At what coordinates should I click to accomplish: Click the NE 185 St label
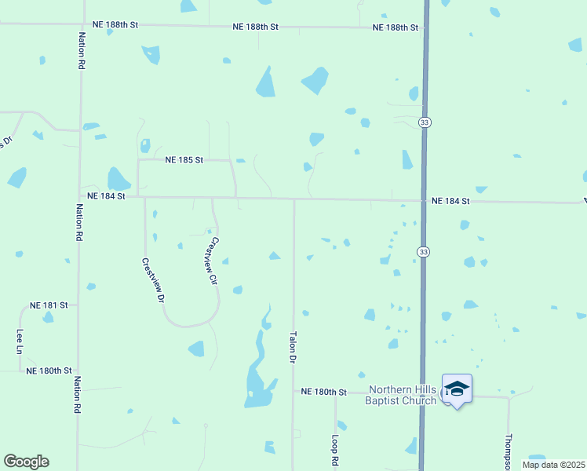point(184,160)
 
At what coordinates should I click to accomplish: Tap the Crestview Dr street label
point(154,281)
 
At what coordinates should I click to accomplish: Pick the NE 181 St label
point(49,305)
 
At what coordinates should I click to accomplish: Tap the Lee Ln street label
point(20,341)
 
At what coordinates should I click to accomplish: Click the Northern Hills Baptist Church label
point(403,395)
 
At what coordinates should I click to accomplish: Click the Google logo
point(26,462)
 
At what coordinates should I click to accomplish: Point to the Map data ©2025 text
point(553,465)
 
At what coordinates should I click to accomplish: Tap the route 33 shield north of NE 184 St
point(425,122)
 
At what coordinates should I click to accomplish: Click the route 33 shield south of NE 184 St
point(423,251)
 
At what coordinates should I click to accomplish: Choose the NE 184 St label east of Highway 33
point(450,202)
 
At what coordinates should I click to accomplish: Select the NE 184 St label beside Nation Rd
point(106,196)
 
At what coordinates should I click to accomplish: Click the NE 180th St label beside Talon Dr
point(323,391)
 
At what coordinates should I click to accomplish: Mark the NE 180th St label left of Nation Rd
point(49,371)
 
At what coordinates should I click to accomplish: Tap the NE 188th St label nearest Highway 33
point(396,27)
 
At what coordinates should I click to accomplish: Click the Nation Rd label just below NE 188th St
point(80,51)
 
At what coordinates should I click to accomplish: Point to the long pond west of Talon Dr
point(257,369)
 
